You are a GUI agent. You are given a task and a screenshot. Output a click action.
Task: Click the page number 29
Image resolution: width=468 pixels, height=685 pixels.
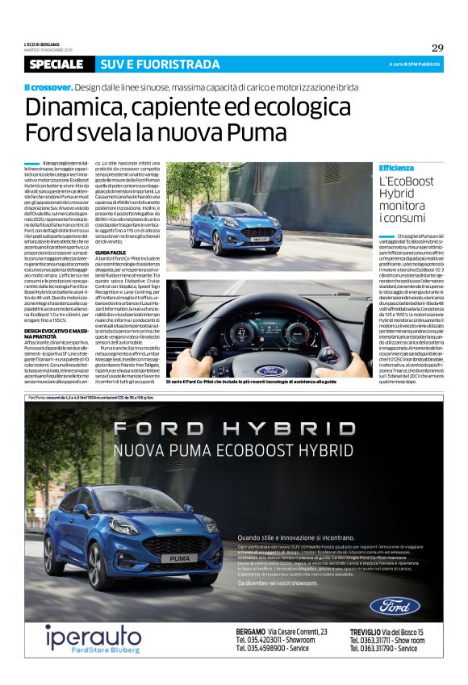coord(437,47)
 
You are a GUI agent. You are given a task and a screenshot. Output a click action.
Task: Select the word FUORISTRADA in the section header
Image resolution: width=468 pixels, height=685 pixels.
coord(182,65)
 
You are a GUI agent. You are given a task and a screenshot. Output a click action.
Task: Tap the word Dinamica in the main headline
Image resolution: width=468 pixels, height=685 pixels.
coord(73,107)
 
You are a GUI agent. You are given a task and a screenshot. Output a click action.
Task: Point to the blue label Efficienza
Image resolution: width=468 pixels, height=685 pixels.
coord(396,168)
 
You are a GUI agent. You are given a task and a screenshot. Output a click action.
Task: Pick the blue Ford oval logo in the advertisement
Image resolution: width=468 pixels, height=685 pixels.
coord(395,605)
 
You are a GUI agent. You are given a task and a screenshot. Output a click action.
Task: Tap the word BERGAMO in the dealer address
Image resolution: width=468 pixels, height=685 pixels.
coord(253,631)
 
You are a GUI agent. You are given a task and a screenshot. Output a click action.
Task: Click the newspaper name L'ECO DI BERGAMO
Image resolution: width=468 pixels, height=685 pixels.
coord(47,42)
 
